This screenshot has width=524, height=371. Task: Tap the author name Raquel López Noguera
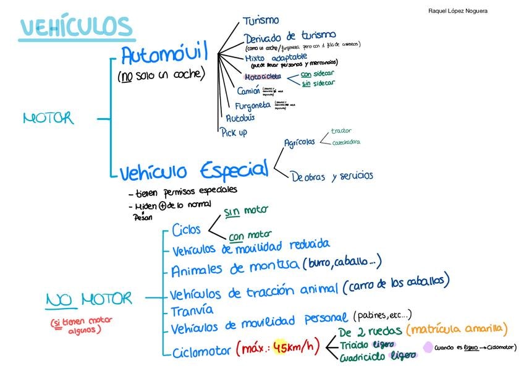(x=457, y=11)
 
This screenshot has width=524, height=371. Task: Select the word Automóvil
(x=164, y=56)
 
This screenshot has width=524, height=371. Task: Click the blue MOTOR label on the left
(x=48, y=118)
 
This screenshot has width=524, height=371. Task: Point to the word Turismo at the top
(x=261, y=21)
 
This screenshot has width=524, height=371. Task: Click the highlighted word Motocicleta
(x=263, y=77)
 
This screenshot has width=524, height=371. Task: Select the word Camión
(x=248, y=91)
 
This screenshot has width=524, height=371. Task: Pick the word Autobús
(x=240, y=117)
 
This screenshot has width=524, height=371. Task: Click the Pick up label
(x=234, y=132)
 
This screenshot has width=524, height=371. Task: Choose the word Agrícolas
(x=299, y=142)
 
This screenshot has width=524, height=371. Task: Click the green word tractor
(x=341, y=131)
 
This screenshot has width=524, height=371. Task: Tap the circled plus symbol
(x=163, y=205)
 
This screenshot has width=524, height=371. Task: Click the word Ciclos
(x=186, y=230)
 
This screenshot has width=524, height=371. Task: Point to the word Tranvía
(x=192, y=310)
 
